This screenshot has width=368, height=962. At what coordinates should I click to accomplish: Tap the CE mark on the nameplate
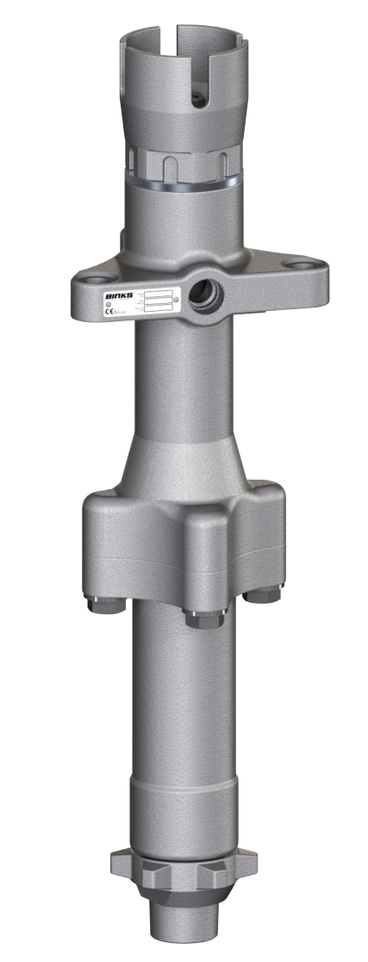coord(110,312)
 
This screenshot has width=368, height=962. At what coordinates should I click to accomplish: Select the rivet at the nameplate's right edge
coord(178,301)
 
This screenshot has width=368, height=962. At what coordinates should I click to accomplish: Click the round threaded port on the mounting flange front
coord(207,291)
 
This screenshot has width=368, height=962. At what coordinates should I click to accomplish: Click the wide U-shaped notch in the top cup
coord(215,65)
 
